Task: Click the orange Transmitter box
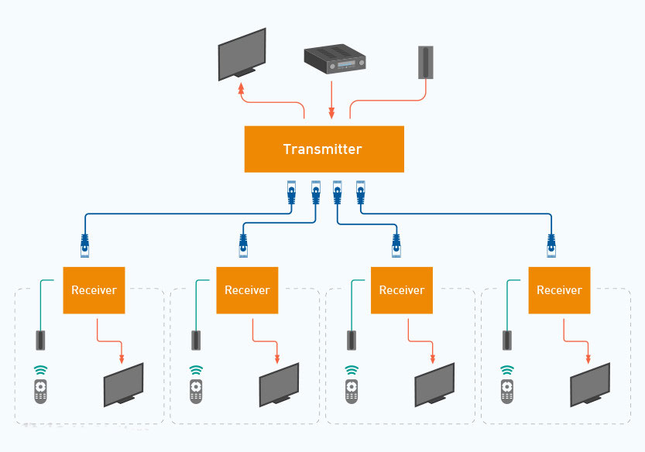(x=324, y=149)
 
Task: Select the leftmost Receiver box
(x=94, y=290)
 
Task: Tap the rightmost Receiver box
(x=559, y=290)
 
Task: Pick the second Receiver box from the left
(x=247, y=290)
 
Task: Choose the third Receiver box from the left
(x=402, y=290)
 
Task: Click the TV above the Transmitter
(x=242, y=54)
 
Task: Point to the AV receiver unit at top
(x=335, y=59)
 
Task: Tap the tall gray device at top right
(x=426, y=62)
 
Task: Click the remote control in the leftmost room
(x=40, y=391)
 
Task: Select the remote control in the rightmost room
(x=506, y=391)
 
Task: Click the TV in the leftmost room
(x=123, y=385)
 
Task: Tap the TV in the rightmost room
(x=590, y=385)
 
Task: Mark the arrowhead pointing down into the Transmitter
(x=331, y=113)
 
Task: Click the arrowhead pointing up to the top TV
(x=242, y=88)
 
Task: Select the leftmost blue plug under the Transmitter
(x=292, y=193)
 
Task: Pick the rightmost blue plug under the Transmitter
(x=361, y=193)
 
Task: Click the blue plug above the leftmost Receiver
(x=84, y=245)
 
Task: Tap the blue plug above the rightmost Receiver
(x=551, y=245)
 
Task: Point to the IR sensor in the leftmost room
(x=40, y=341)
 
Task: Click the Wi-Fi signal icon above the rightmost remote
(x=507, y=370)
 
